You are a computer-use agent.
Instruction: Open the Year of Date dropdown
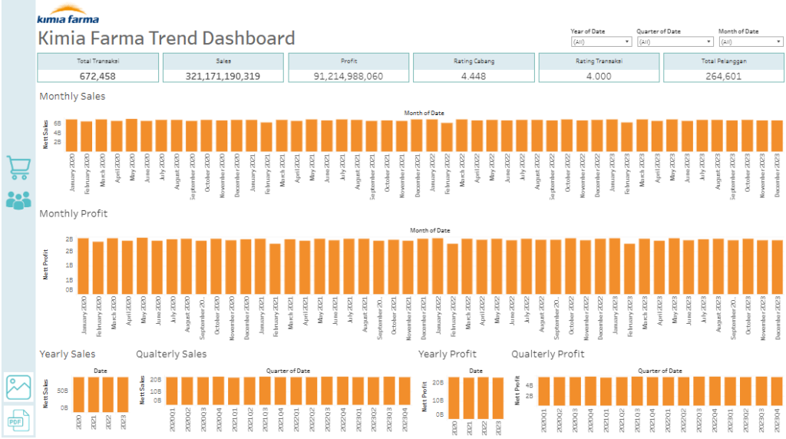601,42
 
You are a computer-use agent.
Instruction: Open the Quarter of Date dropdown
675,42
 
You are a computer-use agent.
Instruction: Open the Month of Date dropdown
751,42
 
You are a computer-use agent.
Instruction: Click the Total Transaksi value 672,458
97,75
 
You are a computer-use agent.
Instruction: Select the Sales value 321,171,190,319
223,75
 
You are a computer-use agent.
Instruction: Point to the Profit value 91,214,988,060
348,75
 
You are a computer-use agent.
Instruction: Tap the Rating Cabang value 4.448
474,75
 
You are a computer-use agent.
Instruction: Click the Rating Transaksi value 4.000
599,75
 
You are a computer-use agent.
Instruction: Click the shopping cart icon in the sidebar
18,167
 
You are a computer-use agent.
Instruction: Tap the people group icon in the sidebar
18,200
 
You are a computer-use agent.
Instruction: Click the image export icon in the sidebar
18,387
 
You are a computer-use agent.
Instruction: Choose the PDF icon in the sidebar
18,420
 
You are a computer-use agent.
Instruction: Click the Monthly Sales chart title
72,97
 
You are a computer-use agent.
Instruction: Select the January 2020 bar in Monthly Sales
71,135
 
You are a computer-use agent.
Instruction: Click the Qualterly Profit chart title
548,354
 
